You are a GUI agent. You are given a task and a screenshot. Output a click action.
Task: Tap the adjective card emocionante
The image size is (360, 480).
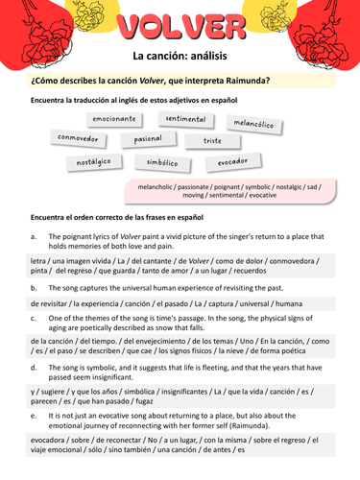(x=114, y=120)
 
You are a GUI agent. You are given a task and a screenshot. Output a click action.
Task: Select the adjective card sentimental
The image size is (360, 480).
(x=185, y=118)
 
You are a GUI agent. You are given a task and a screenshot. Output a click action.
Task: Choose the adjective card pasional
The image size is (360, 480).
(x=147, y=139)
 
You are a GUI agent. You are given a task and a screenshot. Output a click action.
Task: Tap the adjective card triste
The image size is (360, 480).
(x=211, y=141)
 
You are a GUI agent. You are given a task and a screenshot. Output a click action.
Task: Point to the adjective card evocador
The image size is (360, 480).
(x=233, y=162)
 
